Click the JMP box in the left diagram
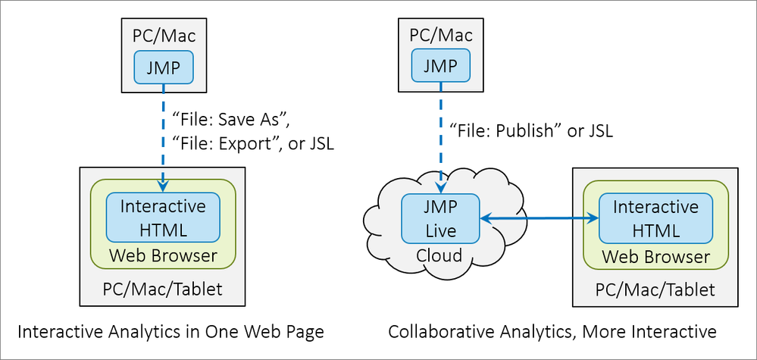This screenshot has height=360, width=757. pos(163,67)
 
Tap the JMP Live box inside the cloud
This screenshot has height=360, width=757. pos(440,218)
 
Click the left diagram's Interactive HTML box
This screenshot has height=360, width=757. pos(163,218)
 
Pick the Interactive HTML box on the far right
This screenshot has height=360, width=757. pos(655,218)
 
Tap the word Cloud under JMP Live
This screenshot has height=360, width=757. pos(439,255)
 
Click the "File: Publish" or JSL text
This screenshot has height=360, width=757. pos(531,130)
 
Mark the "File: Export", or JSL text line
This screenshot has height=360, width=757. pos(254,143)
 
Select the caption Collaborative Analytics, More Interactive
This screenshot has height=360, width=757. pos(552,332)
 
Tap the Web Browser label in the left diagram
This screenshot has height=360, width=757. pos(163,255)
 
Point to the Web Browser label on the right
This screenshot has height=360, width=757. pos(655,257)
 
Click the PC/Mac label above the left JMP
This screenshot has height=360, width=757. pos(163,35)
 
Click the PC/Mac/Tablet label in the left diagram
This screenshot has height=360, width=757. pos(163,288)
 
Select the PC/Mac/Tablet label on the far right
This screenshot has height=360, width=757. pos(655,289)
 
